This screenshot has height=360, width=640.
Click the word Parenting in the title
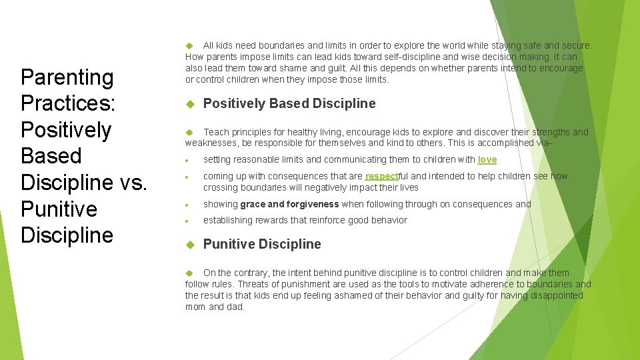point(67,77)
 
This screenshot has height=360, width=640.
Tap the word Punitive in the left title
point(59,209)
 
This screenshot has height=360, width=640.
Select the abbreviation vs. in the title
point(130,182)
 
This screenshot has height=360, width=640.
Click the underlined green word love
point(487,159)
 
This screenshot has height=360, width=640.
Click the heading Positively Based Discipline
point(289,103)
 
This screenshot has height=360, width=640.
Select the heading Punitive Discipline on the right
point(262,244)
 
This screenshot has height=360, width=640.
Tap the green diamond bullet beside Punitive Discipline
point(189,245)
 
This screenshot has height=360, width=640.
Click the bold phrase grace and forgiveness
point(290,204)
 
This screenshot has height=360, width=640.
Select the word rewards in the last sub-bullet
point(273,220)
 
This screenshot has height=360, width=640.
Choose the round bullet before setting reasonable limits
point(190,161)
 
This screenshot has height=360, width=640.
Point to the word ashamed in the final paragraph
point(324,295)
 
